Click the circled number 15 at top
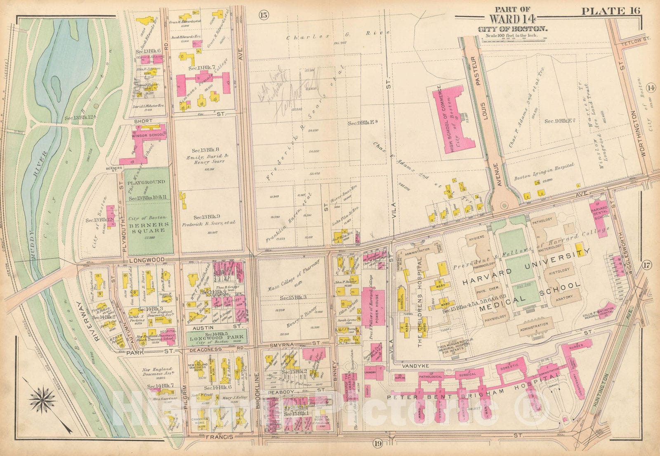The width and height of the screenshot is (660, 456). pyautogui.click(x=264, y=16)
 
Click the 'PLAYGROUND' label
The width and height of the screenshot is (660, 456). pyautogui.click(x=146, y=182)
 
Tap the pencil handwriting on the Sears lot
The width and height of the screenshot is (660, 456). pyautogui.click(x=295, y=83)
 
